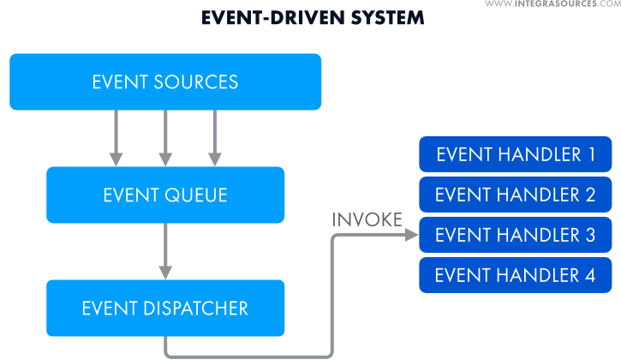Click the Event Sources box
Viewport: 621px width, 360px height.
pos(165,82)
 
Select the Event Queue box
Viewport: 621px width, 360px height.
pos(165,195)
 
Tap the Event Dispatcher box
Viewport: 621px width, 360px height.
pos(165,308)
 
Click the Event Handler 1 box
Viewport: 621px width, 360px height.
pos(515,154)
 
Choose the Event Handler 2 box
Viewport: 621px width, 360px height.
pos(515,195)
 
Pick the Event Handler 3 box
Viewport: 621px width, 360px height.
pos(515,235)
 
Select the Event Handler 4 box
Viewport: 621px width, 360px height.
pos(515,275)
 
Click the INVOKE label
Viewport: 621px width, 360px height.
pos(367,220)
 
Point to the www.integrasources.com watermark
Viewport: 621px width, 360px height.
pos(552,4)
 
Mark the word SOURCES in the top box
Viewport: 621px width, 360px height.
pos(196,82)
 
